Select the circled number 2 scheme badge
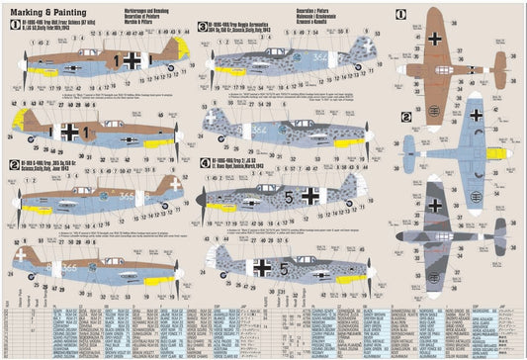(x=13, y=164)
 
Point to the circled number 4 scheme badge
(x=205, y=161)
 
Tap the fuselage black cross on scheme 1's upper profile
(x=131, y=59)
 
